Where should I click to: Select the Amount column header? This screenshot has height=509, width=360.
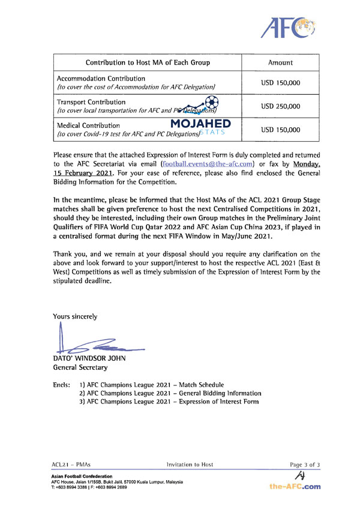pyautogui.click(x=281, y=62)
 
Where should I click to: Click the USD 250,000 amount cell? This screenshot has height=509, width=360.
pyautogui.click(x=281, y=106)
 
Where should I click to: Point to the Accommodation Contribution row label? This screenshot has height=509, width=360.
pyautogui.click(x=101, y=79)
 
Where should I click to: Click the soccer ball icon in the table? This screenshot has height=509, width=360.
pyautogui.click(x=211, y=102)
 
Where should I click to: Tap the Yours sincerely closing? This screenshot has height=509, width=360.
pyautogui.click(x=75, y=316)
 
